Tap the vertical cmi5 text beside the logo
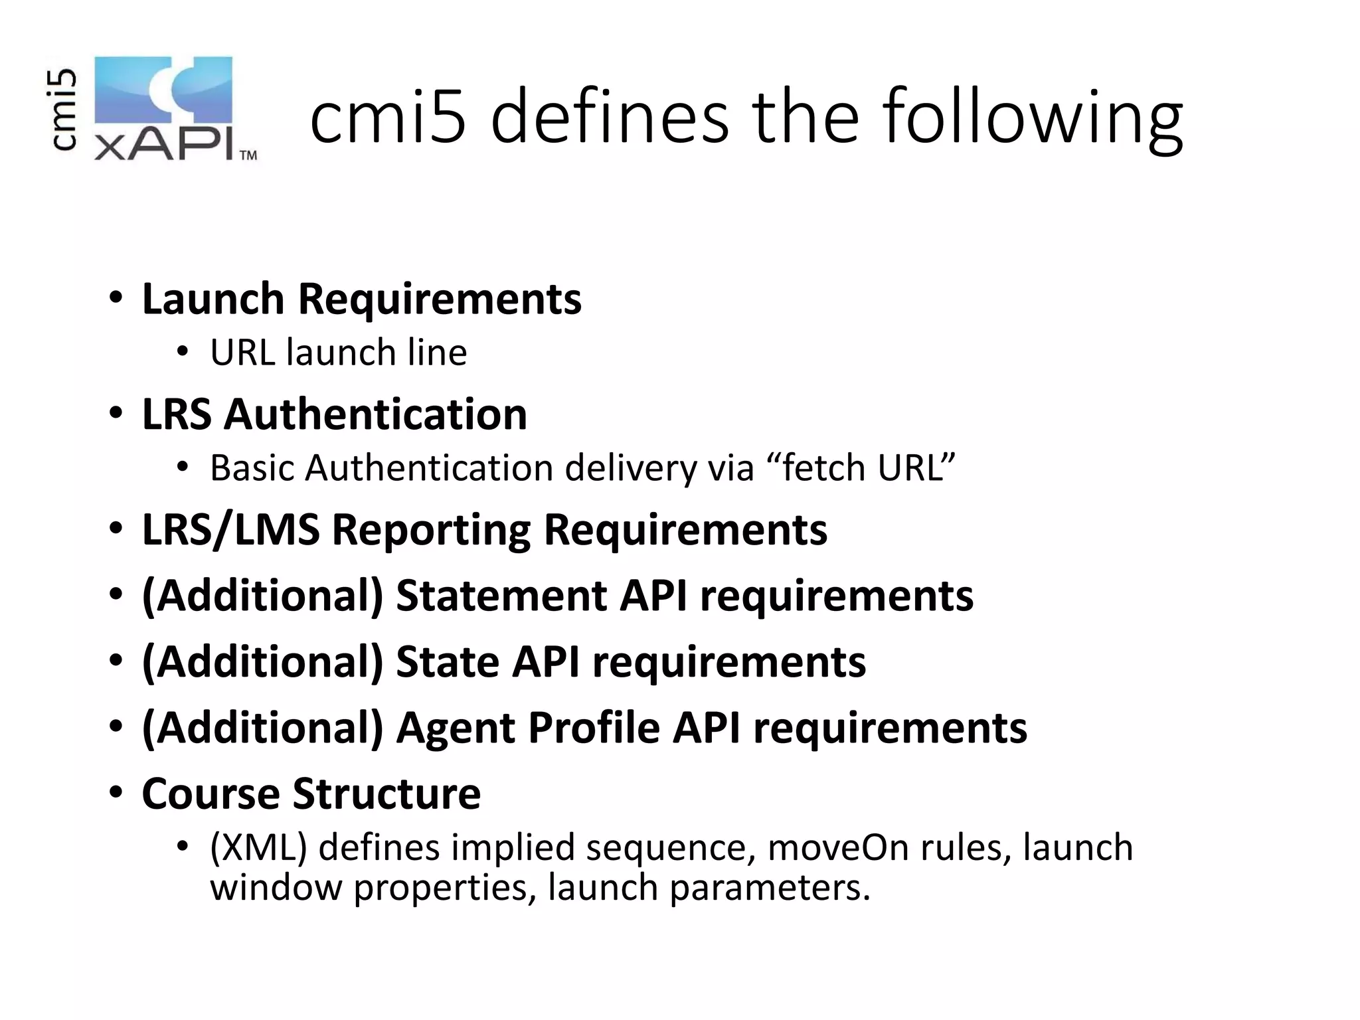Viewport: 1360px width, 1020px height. tap(64, 110)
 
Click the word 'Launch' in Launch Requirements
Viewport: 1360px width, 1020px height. tap(213, 299)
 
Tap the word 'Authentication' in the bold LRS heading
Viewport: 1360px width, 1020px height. tap(375, 414)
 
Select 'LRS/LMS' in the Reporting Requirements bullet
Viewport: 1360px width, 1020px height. tap(230, 531)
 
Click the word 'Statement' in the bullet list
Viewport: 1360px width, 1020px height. tap(501, 596)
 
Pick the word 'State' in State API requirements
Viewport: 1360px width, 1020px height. tap(448, 662)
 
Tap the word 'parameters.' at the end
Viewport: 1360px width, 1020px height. tap(770, 888)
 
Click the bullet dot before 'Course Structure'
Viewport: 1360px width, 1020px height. tap(116, 793)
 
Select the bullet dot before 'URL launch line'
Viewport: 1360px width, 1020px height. tap(183, 353)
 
